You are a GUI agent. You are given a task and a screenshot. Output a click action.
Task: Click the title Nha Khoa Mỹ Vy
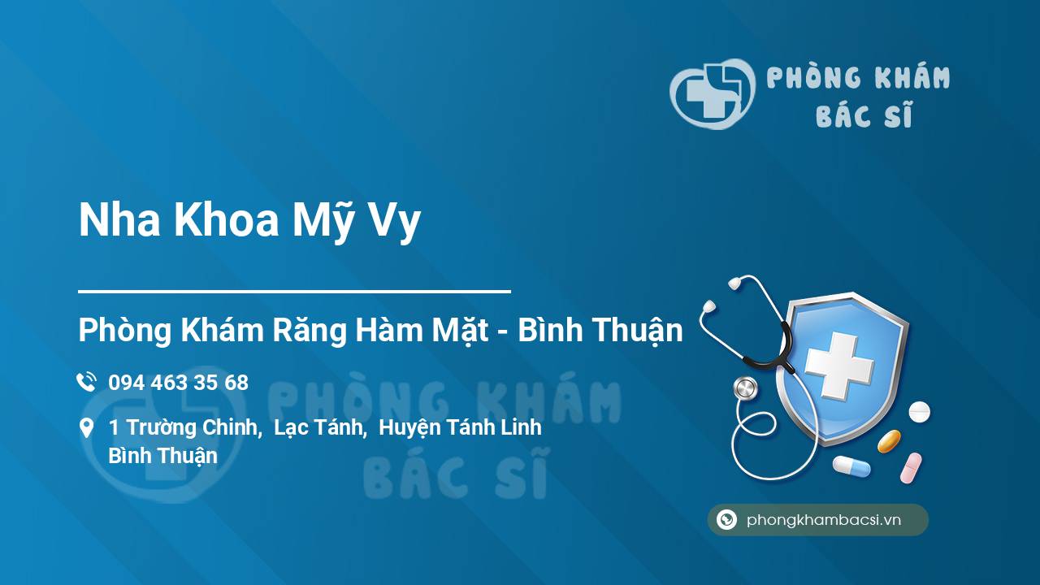tap(249, 220)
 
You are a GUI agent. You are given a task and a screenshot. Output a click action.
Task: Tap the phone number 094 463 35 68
tap(178, 383)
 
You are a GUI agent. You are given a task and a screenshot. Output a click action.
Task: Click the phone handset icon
tap(86, 382)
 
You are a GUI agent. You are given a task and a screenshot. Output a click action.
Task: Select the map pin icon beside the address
tap(86, 428)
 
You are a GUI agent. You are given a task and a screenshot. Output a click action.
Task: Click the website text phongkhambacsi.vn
tap(824, 519)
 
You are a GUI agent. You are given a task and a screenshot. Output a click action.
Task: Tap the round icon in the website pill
tap(726, 519)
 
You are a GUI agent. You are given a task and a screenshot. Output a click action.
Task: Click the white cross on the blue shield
tap(839, 366)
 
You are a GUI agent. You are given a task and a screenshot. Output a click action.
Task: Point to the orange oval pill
tap(889, 441)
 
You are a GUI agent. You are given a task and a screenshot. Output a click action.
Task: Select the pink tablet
tap(911, 468)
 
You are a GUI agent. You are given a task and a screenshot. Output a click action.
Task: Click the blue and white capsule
tap(851, 466)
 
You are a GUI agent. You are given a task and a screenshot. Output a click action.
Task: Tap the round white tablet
tap(919, 412)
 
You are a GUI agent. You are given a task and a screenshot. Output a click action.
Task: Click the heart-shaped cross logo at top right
tap(713, 93)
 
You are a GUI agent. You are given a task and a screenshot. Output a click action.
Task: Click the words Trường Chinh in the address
tap(191, 427)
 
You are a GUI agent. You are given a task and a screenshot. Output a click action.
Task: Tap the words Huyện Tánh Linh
tap(460, 427)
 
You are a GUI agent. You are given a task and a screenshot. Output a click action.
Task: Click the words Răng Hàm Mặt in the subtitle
tap(380, 331)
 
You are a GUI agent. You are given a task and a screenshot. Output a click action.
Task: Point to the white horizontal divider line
tap(294, 292)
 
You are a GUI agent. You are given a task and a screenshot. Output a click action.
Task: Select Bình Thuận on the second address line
tap(163, 456)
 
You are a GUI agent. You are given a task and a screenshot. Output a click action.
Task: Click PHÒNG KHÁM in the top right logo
tap(858, 77)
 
